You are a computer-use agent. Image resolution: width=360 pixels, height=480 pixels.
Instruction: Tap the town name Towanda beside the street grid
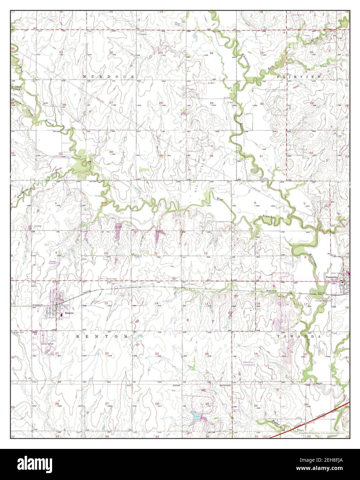click(332, 277)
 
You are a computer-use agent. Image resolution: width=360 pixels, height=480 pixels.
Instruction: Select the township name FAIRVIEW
click(300, 76)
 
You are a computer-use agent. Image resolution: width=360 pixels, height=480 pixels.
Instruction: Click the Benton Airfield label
click(48, 344)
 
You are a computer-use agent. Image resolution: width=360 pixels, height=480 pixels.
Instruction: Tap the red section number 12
click(206, 253)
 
